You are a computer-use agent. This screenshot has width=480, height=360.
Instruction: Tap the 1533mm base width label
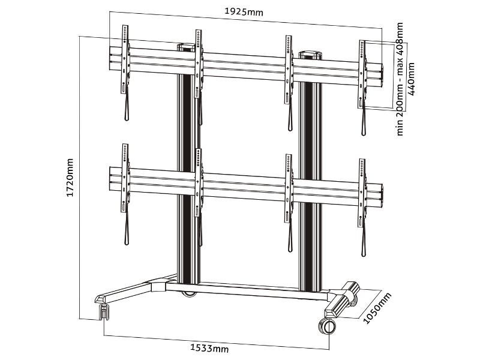coord(209,347)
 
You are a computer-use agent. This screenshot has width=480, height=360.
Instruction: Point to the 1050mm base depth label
coord(377,308)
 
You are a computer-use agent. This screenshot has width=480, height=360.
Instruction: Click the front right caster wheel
coord(327,326)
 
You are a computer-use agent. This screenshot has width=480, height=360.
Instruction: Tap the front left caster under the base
coord(104,311)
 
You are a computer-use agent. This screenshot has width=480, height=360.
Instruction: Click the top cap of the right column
coord(310,53)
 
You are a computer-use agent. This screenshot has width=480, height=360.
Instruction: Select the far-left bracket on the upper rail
coord(125,60)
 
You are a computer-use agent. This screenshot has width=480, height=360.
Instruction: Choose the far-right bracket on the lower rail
coord(362,193)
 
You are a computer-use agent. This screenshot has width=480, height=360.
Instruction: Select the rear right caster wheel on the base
coord(352,289)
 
